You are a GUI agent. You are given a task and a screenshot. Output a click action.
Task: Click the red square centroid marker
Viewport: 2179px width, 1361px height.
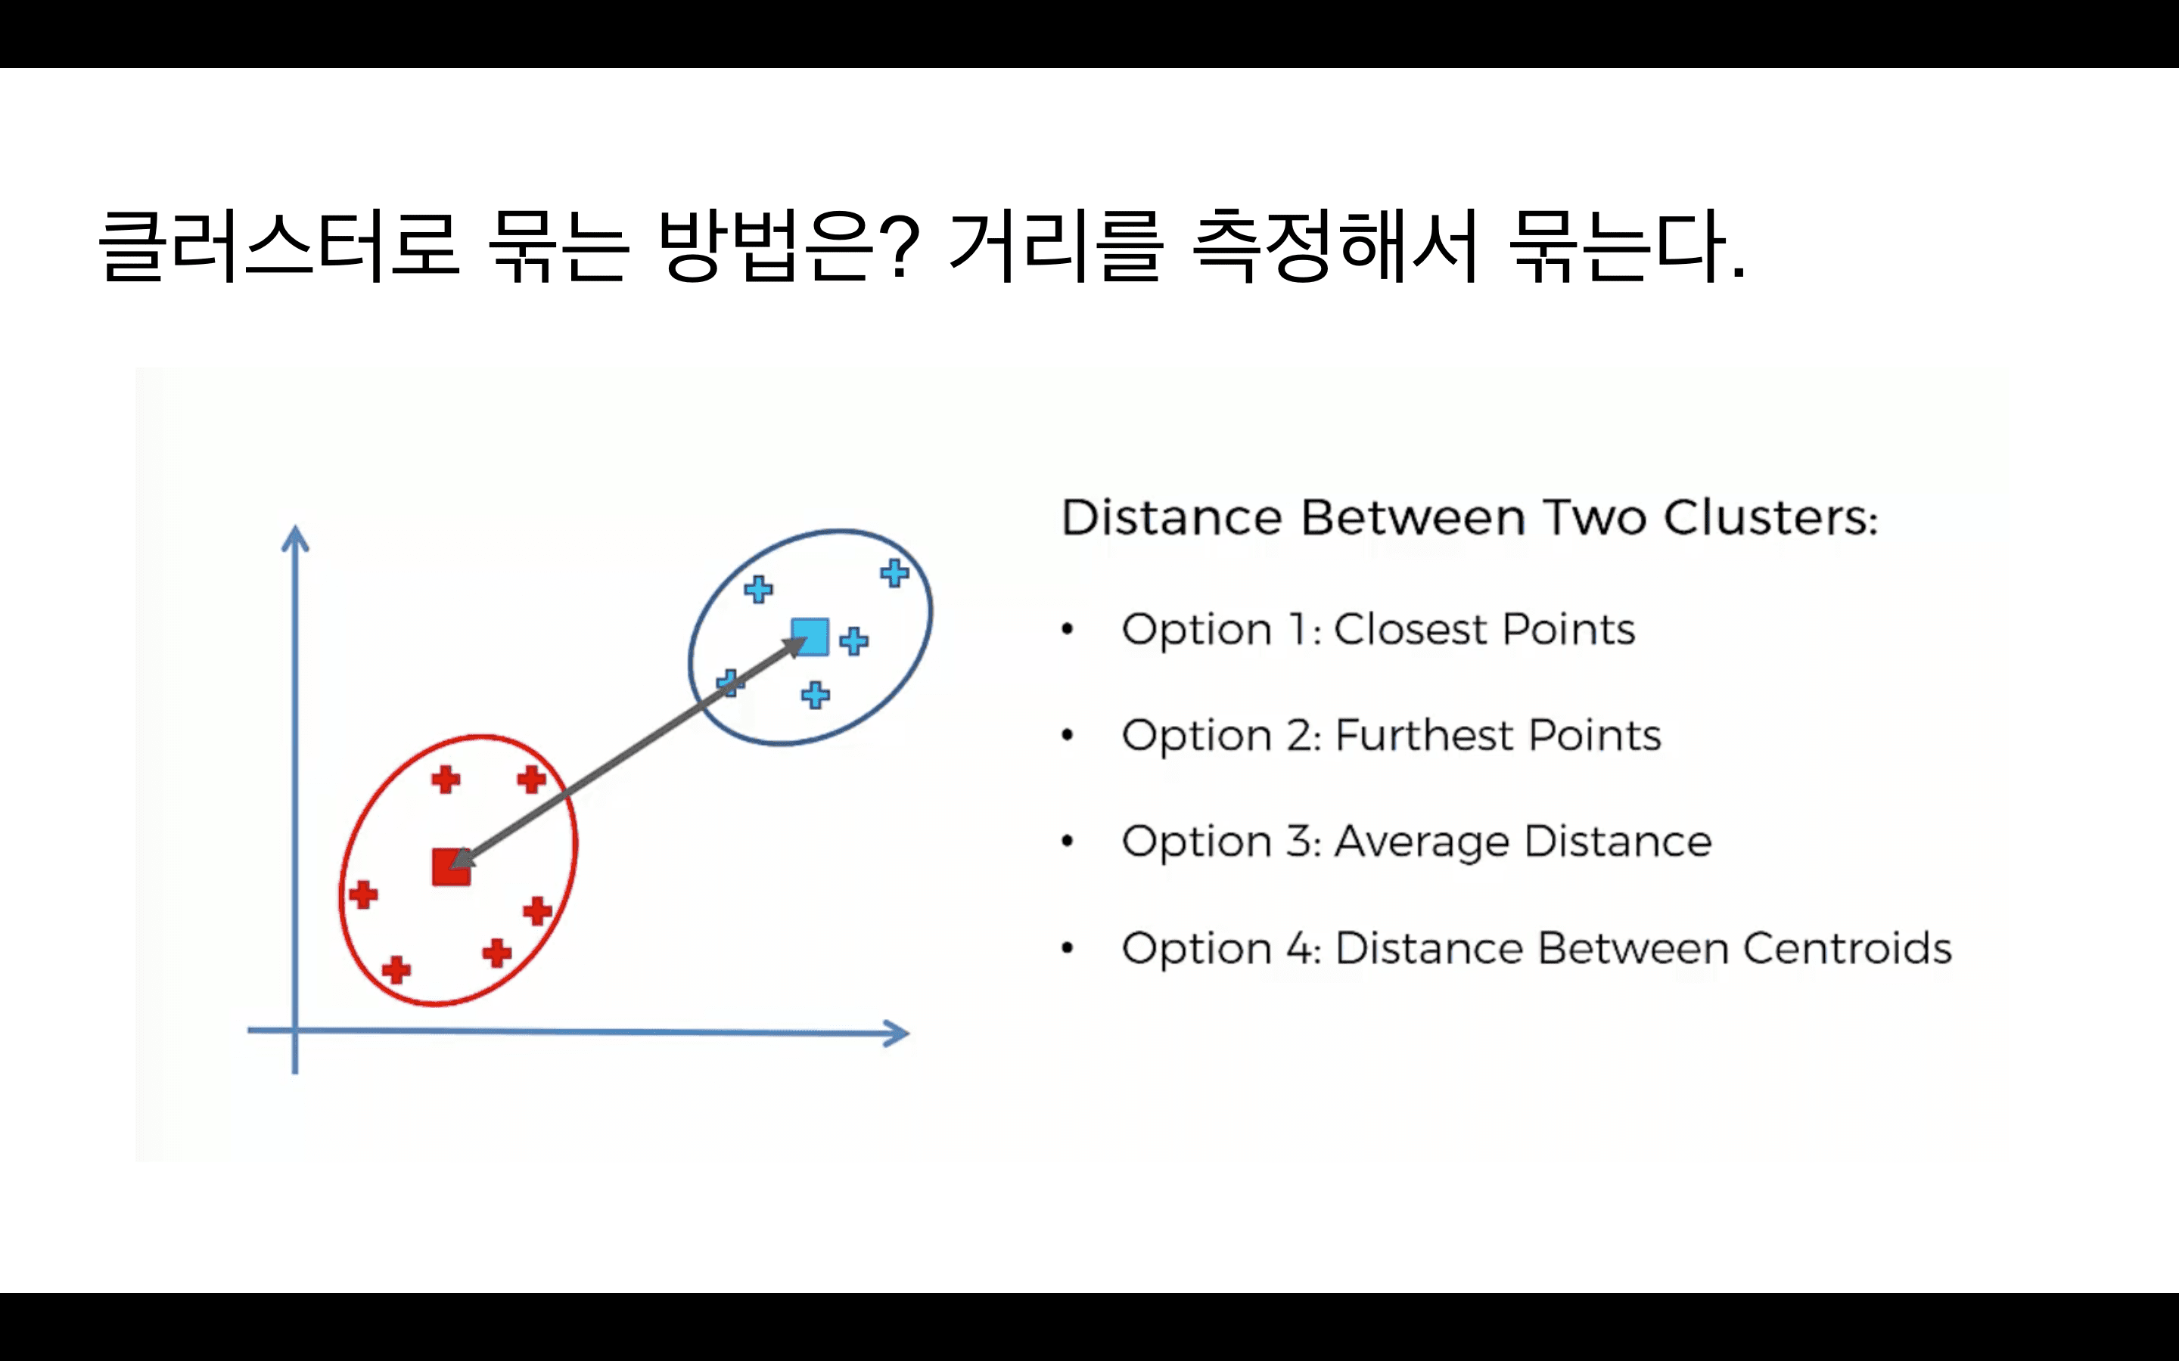(x=451, y=867)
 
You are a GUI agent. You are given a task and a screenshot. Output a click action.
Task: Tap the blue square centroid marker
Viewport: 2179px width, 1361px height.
(x=810, y=637)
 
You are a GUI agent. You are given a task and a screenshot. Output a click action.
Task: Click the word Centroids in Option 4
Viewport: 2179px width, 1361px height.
(x=1847, y=948)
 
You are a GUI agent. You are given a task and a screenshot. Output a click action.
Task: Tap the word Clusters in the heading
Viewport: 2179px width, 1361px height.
(x=1770, y=518)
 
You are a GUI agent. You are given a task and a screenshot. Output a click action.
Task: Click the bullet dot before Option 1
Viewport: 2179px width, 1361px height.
(x=1068, y=630)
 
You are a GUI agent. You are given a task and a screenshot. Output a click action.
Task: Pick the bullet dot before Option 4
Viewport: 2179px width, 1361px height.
(x=1068, y=948)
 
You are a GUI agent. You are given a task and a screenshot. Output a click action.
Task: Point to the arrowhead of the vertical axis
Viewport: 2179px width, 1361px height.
(x=295, y=538)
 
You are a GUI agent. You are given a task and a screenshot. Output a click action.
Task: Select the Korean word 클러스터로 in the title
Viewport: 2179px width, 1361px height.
(x=279, y=245)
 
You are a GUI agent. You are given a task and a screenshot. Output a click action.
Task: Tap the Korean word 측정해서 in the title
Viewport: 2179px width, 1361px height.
(x=1335, y=245)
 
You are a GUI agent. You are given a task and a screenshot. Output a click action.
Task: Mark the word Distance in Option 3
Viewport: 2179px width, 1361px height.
(x=1617, y=842)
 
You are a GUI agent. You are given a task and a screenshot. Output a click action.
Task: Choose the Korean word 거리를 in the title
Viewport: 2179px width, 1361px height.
(x=1055, y=245)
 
